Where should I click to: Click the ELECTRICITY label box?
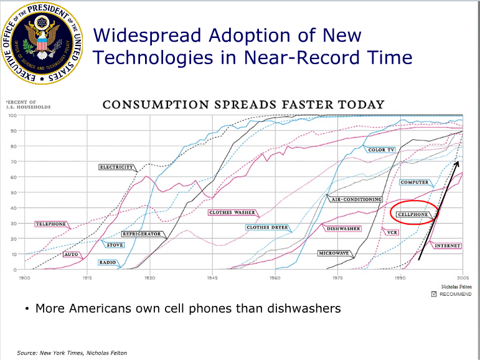[x=116, y=167]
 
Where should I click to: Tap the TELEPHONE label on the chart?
[x=50, y=224]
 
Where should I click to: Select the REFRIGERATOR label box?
[x=141, y=234]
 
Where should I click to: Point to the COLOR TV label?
[x=381, y=150]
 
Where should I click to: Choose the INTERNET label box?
[x=447, y=245]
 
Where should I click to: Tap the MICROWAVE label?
[x=334, y=253]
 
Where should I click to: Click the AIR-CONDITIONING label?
[x=356, y=199]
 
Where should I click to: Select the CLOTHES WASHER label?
[x=232, y=212]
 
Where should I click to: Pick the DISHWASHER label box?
[x=344, y=229]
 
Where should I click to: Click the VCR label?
[x=392, y=232]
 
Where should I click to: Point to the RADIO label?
[x=107, y=262]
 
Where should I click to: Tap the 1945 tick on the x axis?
[x=212, y=278]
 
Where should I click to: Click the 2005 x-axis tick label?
[x=463, y=278]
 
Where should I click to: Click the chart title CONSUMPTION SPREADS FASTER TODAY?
[x=243, y=104]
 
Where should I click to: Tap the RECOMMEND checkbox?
[x=434, y=294]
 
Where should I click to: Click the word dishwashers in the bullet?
[x=306, y=308]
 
